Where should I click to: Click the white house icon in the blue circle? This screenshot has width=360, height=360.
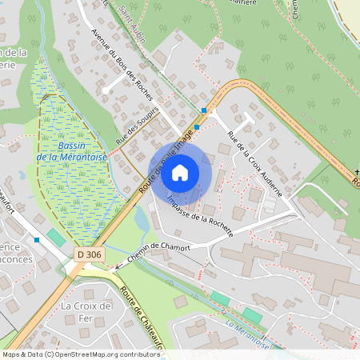(x=180, y=173)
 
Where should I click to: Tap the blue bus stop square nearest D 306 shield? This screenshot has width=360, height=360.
(x=37, y=239)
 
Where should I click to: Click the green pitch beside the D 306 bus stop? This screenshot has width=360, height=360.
(x=57, y=238)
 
